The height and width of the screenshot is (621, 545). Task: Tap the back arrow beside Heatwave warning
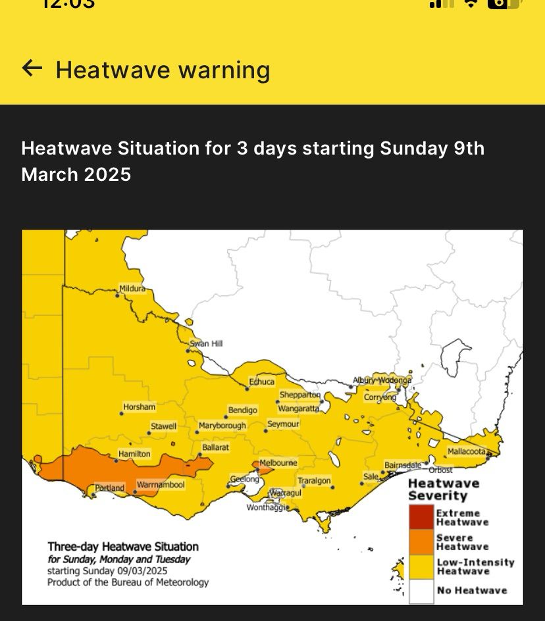point(32,68)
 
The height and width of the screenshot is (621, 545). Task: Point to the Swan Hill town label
point(206,343)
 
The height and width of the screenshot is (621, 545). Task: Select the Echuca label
point(261,382)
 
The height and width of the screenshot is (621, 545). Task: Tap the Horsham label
point(140,407)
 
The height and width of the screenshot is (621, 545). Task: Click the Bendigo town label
point(243,410)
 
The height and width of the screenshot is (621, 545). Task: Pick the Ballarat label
point(215,447)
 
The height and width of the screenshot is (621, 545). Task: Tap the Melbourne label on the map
point(278,463)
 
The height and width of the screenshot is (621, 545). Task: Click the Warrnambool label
point(161,485)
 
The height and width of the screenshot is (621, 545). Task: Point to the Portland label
point(109,488)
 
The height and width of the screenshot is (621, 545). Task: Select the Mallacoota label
point(467,451)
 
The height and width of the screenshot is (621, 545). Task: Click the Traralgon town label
point(314,481)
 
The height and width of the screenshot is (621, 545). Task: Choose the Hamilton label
point(134,454)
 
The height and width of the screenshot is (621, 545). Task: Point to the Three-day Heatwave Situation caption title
point(123,546)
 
